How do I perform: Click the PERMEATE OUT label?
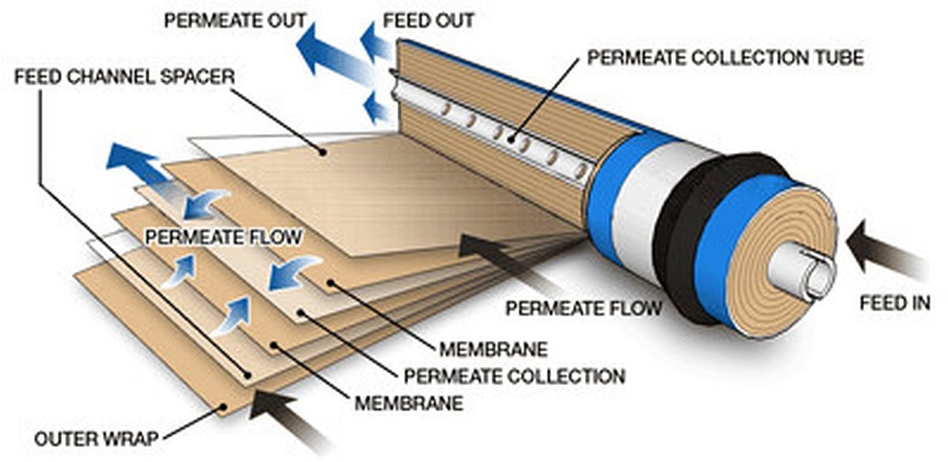point(234,20)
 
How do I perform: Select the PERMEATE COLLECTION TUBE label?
point(725,58)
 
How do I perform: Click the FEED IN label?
point(894,302)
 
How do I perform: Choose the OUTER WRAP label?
point(97,439)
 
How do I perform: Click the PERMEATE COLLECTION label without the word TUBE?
point(514,376)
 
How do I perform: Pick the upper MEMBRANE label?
point(493,349)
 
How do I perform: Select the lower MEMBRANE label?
point(408,402)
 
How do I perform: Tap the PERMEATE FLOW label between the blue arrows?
point(222,237)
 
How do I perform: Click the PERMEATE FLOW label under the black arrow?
point(583,308)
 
